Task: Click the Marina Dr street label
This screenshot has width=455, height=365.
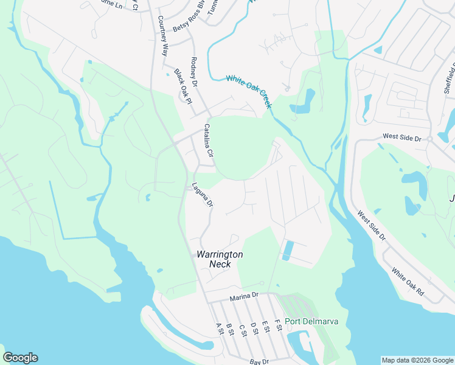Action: point(245,297)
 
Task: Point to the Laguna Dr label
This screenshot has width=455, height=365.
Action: point(202,195)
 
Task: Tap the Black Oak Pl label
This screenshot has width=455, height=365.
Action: point(182,85)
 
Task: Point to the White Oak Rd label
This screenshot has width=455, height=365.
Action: point(408,282)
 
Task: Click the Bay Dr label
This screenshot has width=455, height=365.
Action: point(259,362)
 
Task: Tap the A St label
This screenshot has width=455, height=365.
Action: point(220,328)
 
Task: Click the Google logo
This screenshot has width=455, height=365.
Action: point(20,358)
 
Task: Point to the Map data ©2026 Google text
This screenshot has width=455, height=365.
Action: point(417,360)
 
